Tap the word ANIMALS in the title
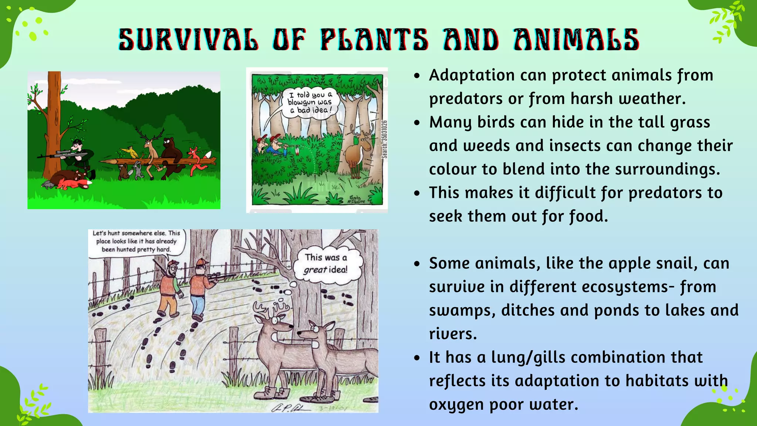tap(576, 40)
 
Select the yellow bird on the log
tap(130, 151)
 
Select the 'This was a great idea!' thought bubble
tap(326, 263)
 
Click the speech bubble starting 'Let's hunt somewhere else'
tap(136, 241)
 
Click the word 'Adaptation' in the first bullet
tap(472, 75)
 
